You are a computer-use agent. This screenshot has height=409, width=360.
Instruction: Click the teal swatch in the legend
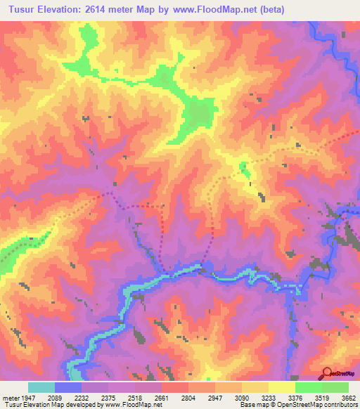(41, 387)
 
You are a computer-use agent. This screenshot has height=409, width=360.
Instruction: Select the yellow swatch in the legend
(282, 387)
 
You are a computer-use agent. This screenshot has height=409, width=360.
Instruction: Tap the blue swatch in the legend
(68, 387)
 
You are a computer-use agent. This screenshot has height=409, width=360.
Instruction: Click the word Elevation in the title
(61, 9)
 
